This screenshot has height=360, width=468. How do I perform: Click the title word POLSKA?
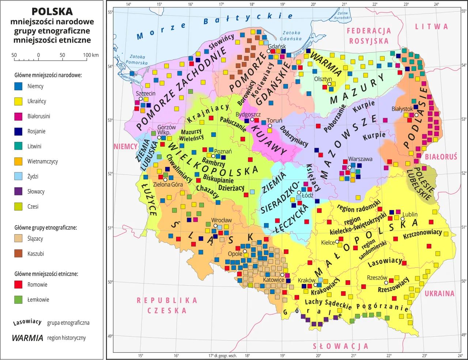click(x=52, y=12)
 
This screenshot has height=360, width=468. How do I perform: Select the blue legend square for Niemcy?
click(x=18, y=86)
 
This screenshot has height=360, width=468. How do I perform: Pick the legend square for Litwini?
click(x=18, y=146)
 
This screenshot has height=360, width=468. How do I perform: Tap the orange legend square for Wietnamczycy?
click(x=18, y=161)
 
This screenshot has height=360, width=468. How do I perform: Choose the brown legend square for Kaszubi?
click(x=18, y=254)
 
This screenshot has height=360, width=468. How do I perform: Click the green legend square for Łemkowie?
click(x=18, y=300)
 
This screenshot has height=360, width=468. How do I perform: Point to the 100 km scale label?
click(x=91, y=55)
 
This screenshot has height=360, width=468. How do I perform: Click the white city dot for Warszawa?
click(x=350, y=167)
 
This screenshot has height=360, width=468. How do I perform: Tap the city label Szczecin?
click(x=146, y=93)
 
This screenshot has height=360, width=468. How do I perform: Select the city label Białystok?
click(x=402, y=109)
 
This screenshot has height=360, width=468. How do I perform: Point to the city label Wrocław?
click(x=222, y=220)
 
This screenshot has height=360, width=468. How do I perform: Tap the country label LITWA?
click(x=431, y=26)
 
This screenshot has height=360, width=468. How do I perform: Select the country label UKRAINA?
click(x=439, y=293)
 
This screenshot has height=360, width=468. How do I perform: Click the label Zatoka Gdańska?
click(x=291, y=35)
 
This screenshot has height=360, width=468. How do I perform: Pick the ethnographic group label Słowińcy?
click(x=222, y=42)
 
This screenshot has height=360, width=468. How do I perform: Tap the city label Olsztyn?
click(x=323, y=79)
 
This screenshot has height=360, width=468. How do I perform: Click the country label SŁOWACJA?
click(x=340, y=346)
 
